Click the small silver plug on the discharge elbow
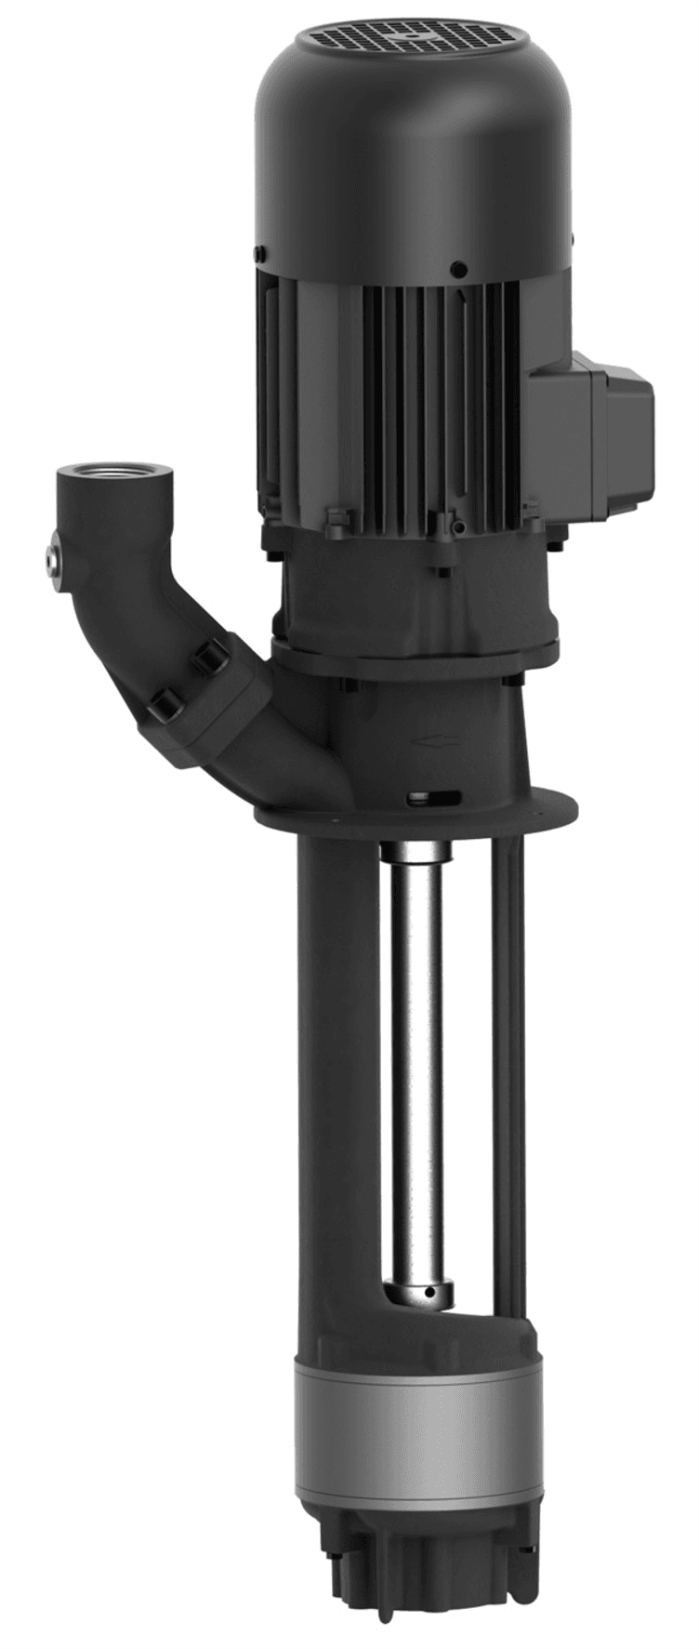click(50, 558)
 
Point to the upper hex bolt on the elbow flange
click(205, 659)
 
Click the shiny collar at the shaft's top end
click(415, 853)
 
